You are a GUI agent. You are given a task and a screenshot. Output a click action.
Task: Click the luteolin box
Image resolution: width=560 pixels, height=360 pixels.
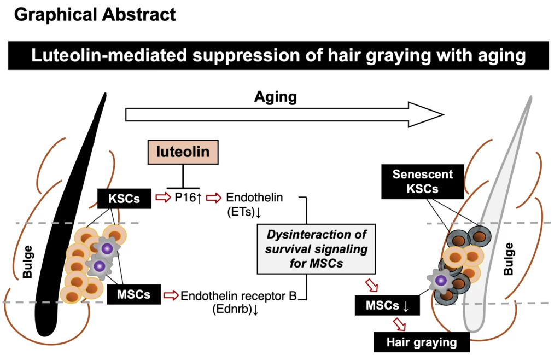point(183,151)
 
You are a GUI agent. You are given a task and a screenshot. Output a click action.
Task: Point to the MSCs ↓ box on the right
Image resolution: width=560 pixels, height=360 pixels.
point(387,305)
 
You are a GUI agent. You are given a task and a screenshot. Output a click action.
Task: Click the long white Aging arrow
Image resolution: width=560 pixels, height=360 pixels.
point(284,114)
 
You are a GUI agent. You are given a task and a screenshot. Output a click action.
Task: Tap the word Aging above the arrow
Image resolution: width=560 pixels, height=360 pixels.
point(275,97)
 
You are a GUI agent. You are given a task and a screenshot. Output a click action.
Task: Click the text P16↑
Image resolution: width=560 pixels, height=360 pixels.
point(189,199)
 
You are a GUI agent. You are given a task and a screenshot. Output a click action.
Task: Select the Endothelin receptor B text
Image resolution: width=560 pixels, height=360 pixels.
point(238,296)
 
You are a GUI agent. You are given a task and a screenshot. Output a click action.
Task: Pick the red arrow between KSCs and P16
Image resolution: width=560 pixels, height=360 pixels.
point(163,199)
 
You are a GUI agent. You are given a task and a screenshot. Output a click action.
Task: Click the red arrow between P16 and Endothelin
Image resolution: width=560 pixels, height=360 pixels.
point(213,199)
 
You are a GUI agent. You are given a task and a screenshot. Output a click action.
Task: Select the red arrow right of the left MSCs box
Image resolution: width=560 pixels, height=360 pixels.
point(171,295)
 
